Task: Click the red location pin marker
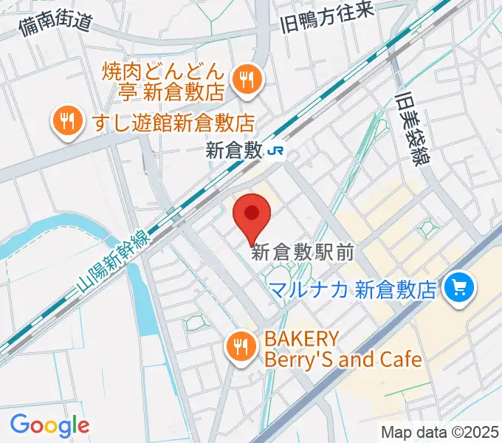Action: click(252, 215)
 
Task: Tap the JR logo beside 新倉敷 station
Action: click(278, 151)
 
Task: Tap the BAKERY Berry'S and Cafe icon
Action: click(241, 345)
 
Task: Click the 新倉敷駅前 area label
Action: click(303, 253)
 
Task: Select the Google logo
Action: click(49, 425)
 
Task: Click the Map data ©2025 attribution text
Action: click(439, 432)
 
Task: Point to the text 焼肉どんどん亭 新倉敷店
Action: click(163, 82)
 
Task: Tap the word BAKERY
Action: click(302, 340)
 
